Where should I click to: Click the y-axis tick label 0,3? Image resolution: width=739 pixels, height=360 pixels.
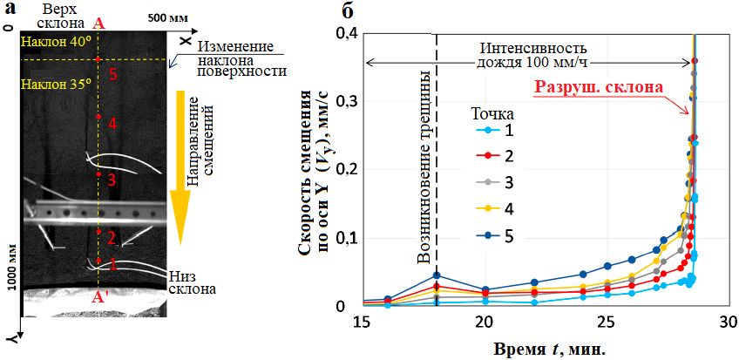point(344,101)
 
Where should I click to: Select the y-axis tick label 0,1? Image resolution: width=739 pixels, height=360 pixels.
point(344,238)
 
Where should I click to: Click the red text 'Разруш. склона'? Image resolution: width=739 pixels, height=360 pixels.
point(598,87)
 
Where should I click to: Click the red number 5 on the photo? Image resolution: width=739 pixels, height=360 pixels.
point(112,74)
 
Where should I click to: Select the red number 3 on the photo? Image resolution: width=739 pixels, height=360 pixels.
point(112,180)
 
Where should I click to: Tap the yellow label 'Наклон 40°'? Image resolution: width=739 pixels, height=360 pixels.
point(51,41)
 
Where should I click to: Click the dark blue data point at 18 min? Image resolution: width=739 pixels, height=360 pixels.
point(437,275)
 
